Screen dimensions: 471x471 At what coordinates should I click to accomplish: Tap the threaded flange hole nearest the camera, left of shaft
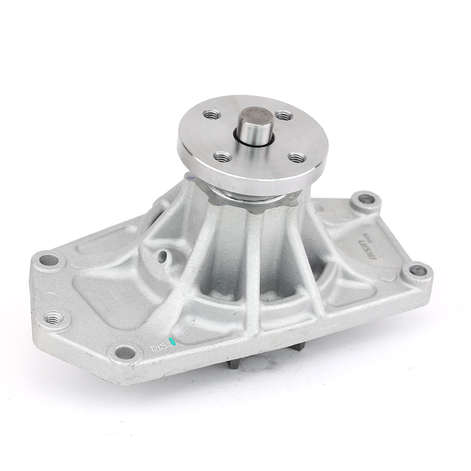(x=223, y=156)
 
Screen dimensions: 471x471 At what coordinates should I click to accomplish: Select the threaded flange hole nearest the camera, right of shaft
(x=297, y=157)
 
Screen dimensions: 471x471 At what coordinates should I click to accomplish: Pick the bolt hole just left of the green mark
(x=126, y=352)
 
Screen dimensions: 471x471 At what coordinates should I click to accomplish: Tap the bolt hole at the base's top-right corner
(x=366, y=199)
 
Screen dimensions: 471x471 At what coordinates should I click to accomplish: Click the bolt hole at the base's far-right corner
(x=418, y=271)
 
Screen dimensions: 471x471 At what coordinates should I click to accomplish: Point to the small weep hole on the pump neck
(x=163, y=255)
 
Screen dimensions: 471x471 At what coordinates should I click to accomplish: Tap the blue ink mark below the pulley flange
(x=190, y=178)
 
